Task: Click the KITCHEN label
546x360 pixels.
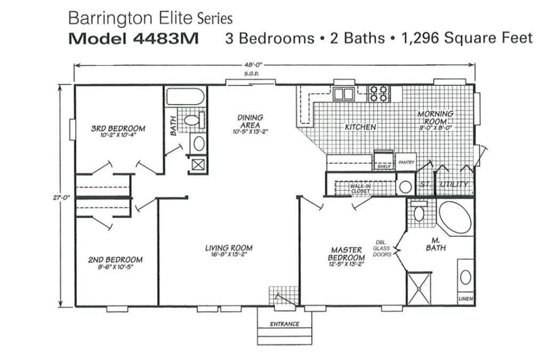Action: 360,127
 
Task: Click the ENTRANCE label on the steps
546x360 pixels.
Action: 284,324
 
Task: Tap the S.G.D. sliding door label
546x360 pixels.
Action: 251,75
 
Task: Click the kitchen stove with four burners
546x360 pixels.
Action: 379,93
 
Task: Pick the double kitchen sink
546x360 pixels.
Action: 344,94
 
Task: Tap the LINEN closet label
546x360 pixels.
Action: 465,299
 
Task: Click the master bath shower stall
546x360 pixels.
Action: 419,287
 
